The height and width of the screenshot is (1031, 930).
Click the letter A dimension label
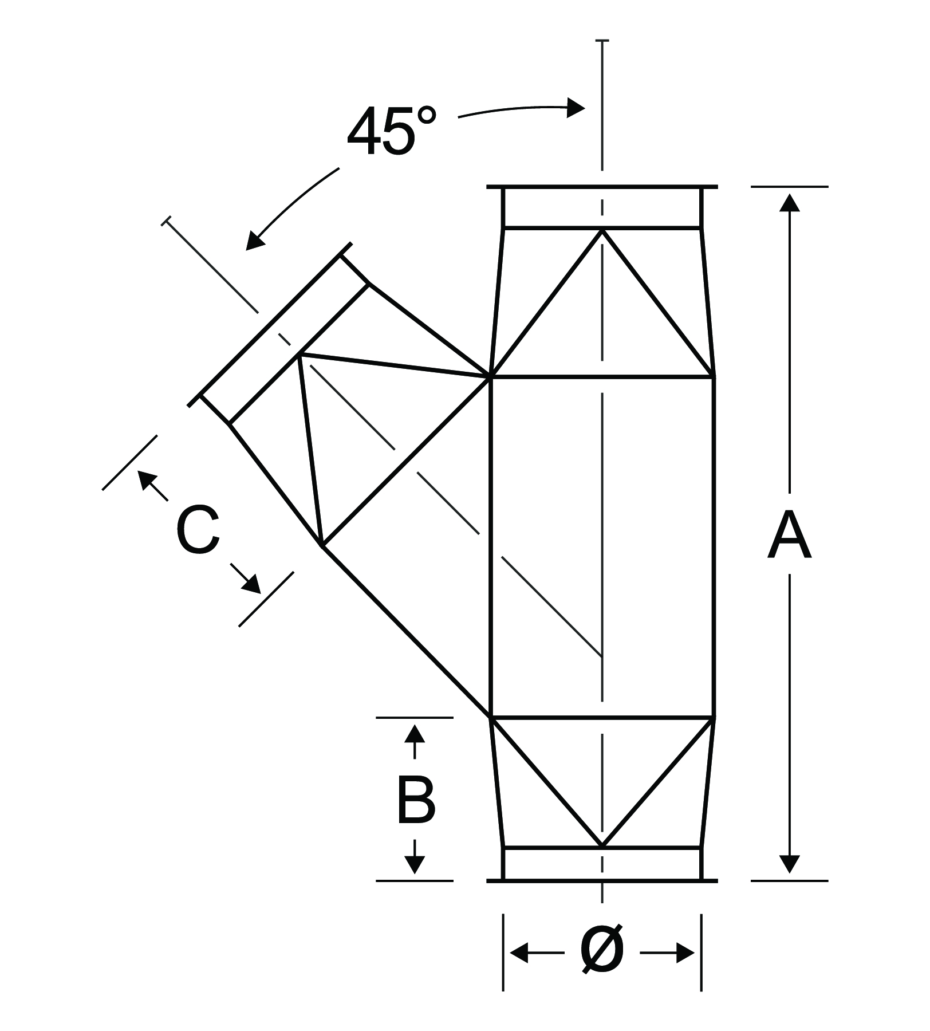(789, 536)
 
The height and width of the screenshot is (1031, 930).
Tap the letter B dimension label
(416, 800)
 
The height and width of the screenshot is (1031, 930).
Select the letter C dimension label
(198, 530)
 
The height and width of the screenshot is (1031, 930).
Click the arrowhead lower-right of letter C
(252, 585)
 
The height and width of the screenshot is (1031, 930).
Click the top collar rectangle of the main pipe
(601, 207)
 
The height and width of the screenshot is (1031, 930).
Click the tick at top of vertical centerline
(602, 41)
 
